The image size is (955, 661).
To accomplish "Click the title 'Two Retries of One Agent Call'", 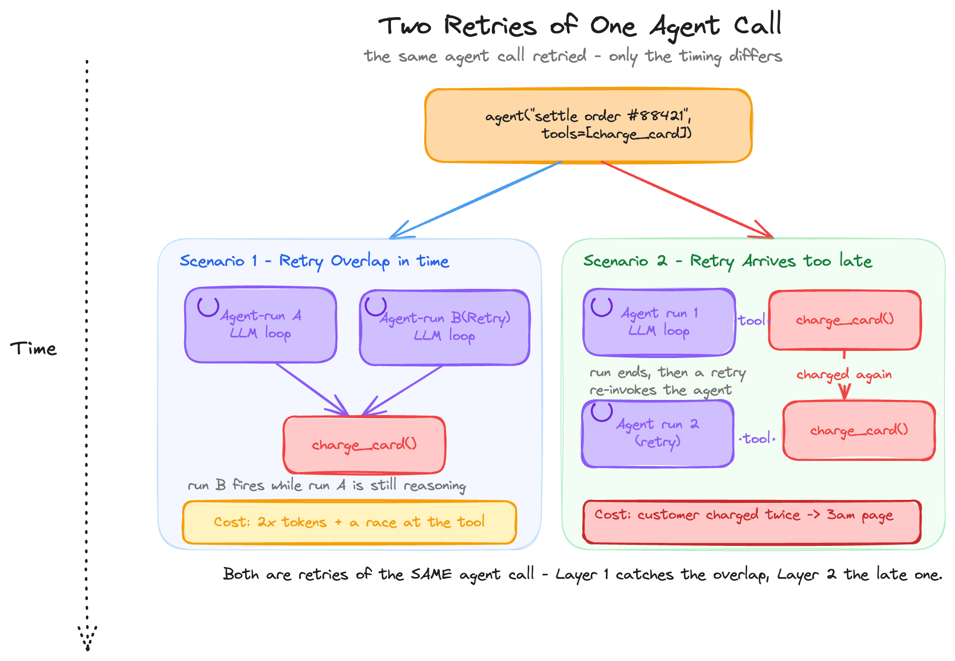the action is (x=580, y=25).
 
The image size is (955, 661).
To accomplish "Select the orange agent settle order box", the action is (x=588, y=126).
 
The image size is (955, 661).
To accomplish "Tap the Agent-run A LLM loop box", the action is (x=260, y=325).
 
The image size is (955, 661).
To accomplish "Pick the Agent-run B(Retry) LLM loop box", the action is (x=444, y=327).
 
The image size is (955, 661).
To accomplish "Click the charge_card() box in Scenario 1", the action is (x=364, y=445).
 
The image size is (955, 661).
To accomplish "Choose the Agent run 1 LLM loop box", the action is (x=659, y=322).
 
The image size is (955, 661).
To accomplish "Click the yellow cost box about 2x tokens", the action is (x=349, y=522).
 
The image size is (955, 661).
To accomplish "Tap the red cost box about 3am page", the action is (x=752, y=522).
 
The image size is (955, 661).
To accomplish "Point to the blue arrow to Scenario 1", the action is (x=476, y=200).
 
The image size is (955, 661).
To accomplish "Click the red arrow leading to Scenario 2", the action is (x=687, y=199).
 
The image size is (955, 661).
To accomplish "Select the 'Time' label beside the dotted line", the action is (x=33, y=348).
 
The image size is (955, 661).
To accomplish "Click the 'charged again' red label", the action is (x=844, y=375).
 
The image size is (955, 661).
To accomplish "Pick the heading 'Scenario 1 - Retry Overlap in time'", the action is (x=314, y=261).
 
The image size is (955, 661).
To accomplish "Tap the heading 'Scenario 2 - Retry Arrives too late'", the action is (x=727, y=261).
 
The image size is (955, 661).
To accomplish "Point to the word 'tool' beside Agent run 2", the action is (x=757, y=438).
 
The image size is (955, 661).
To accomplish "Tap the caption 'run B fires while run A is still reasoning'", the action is (x=327, y=485).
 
